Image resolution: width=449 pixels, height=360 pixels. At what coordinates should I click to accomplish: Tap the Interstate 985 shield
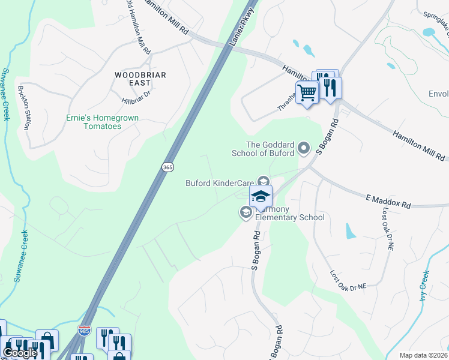tap(84, 331)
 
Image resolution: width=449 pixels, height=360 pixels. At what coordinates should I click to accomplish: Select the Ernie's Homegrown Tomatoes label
tap(102, 122)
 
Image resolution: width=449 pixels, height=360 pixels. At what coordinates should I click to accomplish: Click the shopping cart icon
tap(307, 93)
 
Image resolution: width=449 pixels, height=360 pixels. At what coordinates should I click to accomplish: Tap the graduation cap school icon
tap(261, 196)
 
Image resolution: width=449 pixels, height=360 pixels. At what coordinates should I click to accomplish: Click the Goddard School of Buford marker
tap(304, 148)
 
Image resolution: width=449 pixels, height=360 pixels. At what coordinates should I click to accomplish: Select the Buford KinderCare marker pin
tap(262, 181)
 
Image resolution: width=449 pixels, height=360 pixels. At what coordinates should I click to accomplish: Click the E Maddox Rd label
tap(388, 201)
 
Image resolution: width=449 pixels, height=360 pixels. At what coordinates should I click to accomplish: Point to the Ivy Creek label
tap(424, 286)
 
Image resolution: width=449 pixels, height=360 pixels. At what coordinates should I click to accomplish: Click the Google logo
tap(20, 353)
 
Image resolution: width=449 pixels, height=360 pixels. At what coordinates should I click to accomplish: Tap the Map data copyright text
tap(423, 355)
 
